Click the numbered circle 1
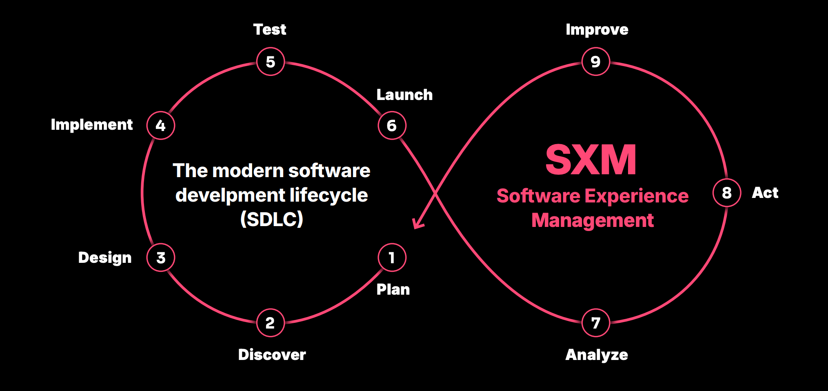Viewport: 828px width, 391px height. pos(392,258)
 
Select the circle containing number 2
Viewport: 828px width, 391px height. pos(271,323)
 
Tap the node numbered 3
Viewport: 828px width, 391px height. pos(161,258)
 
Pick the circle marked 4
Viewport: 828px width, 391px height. pos(161,125)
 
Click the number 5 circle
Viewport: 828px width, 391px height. pos(271,62)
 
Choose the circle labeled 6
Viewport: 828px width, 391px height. pos(392,125)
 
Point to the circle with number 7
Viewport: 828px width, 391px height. pos(596,323)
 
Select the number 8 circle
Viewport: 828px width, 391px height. pos(727,193)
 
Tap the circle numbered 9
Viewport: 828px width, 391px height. pos(596,62)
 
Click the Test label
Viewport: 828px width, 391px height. pos(270,29)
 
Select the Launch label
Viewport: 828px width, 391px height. pos(404,95)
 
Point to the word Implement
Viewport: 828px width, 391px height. pos(92,125)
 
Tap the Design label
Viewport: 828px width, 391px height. pos(105,258)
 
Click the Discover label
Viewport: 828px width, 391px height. pos(272,355)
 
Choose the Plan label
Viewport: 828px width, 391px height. pos(393,289)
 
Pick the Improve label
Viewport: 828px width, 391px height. pos(597,30)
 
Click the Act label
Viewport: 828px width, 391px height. pos(765,193)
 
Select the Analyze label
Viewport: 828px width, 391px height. pos(597,355)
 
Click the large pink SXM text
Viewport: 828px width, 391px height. pos(591,160)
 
